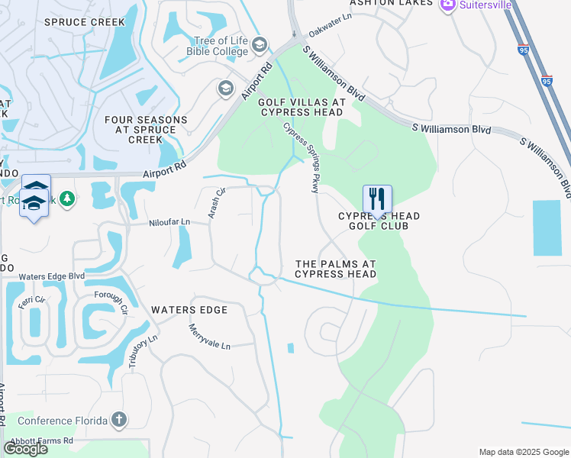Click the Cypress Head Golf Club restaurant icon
click(376, 199)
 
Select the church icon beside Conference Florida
click(118, 419)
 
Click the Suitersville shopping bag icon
click(447, 4)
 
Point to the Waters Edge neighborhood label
click(189, 310)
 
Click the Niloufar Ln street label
click(169, 222)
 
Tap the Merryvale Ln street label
click(209, 337)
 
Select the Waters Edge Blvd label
click(51, 276)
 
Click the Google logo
click(25, 449)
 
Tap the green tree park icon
click(67, 198)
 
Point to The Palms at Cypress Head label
click(335, 268)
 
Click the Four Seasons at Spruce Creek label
click(145, 130)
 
